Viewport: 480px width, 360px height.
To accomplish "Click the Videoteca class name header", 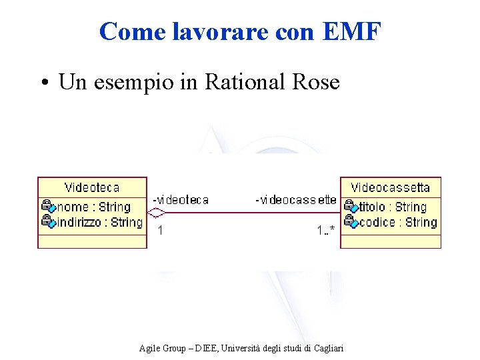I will point(92,187).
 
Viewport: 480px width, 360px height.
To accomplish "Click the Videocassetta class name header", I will point(391,187).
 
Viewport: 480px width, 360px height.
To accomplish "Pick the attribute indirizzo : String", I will point(99,222).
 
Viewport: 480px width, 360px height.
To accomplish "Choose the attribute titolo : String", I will point(392,207).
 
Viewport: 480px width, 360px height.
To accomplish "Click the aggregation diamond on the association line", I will point(156,213).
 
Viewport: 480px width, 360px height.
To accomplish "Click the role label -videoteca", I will point(181,200).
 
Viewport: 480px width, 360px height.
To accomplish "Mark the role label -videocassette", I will point(296,200).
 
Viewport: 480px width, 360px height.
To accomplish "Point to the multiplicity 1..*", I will point(325,231).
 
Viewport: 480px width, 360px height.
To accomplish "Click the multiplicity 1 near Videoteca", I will point(160,231).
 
